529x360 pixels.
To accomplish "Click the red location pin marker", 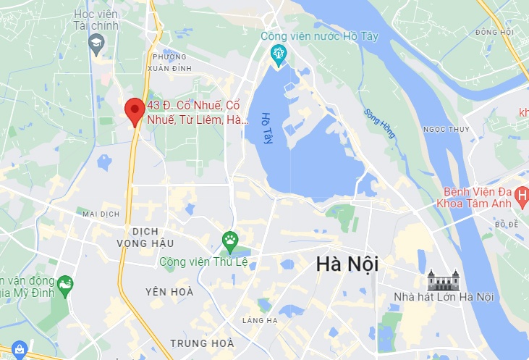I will click(x=133, y=111).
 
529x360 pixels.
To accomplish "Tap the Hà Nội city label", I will click(x=347, y=265).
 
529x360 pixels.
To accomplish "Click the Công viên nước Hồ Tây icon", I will click(x=278, y=54).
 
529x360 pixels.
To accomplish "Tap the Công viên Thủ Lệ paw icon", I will click(x=230, y=240).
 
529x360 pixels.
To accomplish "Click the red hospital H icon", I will click(x=522, y=193).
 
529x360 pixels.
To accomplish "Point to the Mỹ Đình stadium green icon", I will click(x=64, y=283).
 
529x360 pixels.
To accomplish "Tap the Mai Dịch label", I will click(x=100, y=214).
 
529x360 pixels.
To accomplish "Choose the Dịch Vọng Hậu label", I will click(x=145, y=236).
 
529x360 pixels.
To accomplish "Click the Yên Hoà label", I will click(x=169, y=291).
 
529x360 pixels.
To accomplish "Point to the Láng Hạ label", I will click(x=261, y=320).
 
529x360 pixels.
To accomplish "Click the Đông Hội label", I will click(x=494, y=33).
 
